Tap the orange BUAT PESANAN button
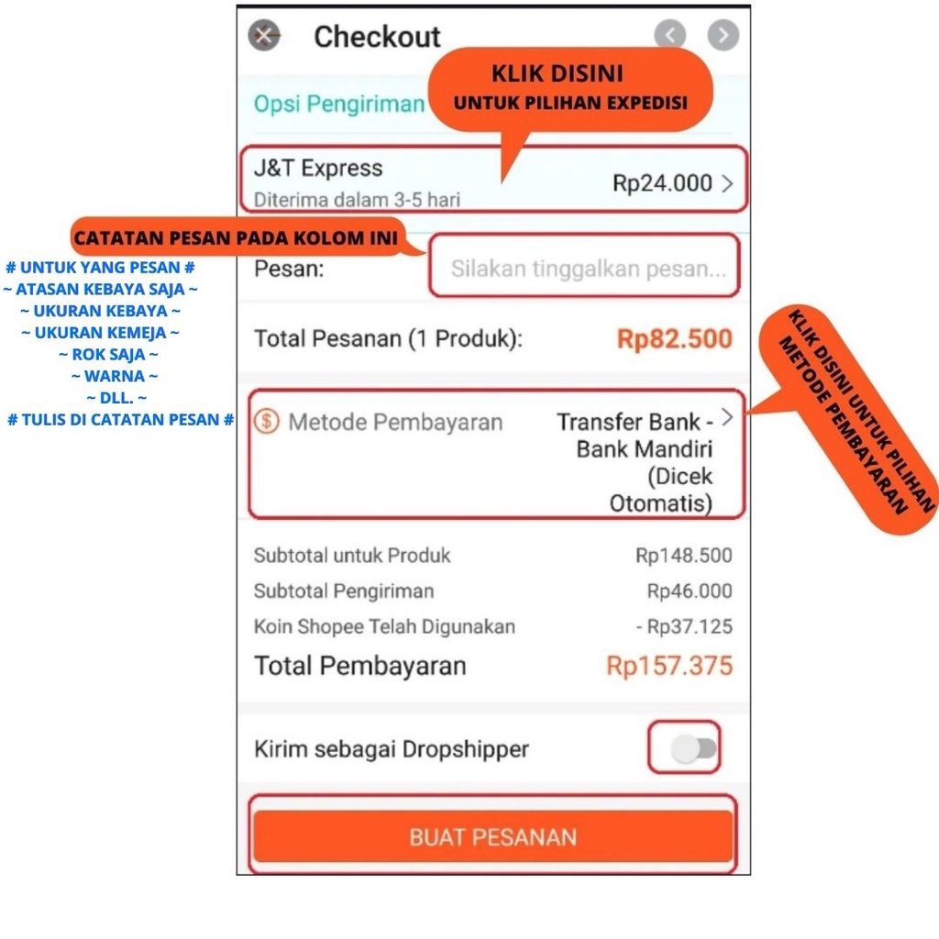(493, 836)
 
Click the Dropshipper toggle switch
(693, 749)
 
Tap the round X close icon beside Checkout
(264, 36)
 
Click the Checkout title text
(377, 37)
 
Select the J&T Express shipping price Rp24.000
(662, 183)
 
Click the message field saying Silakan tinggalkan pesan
(587, 269)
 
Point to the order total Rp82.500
(675, 339)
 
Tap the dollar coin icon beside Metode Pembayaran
(267, 423)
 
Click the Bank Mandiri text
(644, 449)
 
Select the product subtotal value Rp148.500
(684, 556)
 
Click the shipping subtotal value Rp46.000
(690, 591)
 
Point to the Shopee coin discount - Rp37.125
(684, 627)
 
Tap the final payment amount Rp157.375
(669, 666)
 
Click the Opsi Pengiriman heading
(339, 104)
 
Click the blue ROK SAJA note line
(109, 354)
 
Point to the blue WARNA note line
(115, 376)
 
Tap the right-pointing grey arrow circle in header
(724, 36)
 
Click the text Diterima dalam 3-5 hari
(357, 199)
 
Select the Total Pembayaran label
(359, 666)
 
